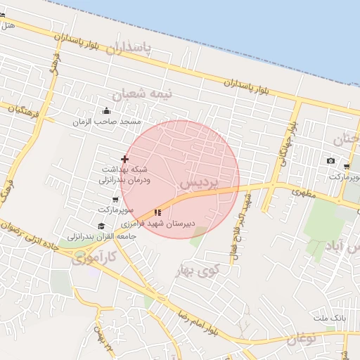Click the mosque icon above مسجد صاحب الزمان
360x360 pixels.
106,110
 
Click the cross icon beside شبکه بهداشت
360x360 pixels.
124,160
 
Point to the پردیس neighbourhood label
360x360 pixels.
195,181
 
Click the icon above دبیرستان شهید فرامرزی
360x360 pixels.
157,212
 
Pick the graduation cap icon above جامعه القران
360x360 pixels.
101,226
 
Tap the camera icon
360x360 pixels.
331,161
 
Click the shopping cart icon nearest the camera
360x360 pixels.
347,166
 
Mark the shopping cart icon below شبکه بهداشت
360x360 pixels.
115,200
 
